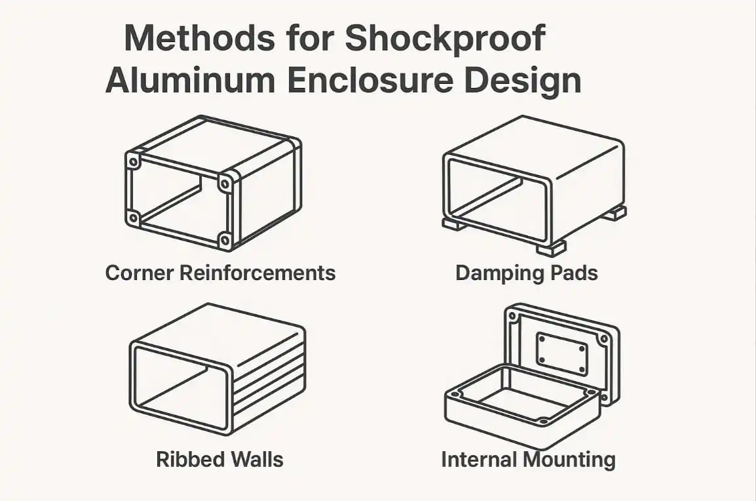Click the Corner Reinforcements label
point(220,273)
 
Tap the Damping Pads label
point(527,273)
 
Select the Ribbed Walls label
point(220,459)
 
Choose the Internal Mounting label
point(529,460)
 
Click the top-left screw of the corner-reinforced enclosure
point(132,161)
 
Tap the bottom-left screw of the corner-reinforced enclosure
point(132,218)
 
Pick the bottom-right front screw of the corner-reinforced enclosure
point(225,241)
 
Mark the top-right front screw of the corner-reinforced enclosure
point(225,184)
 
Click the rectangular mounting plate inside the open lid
point(562,355)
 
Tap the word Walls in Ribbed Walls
point(256,459)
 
